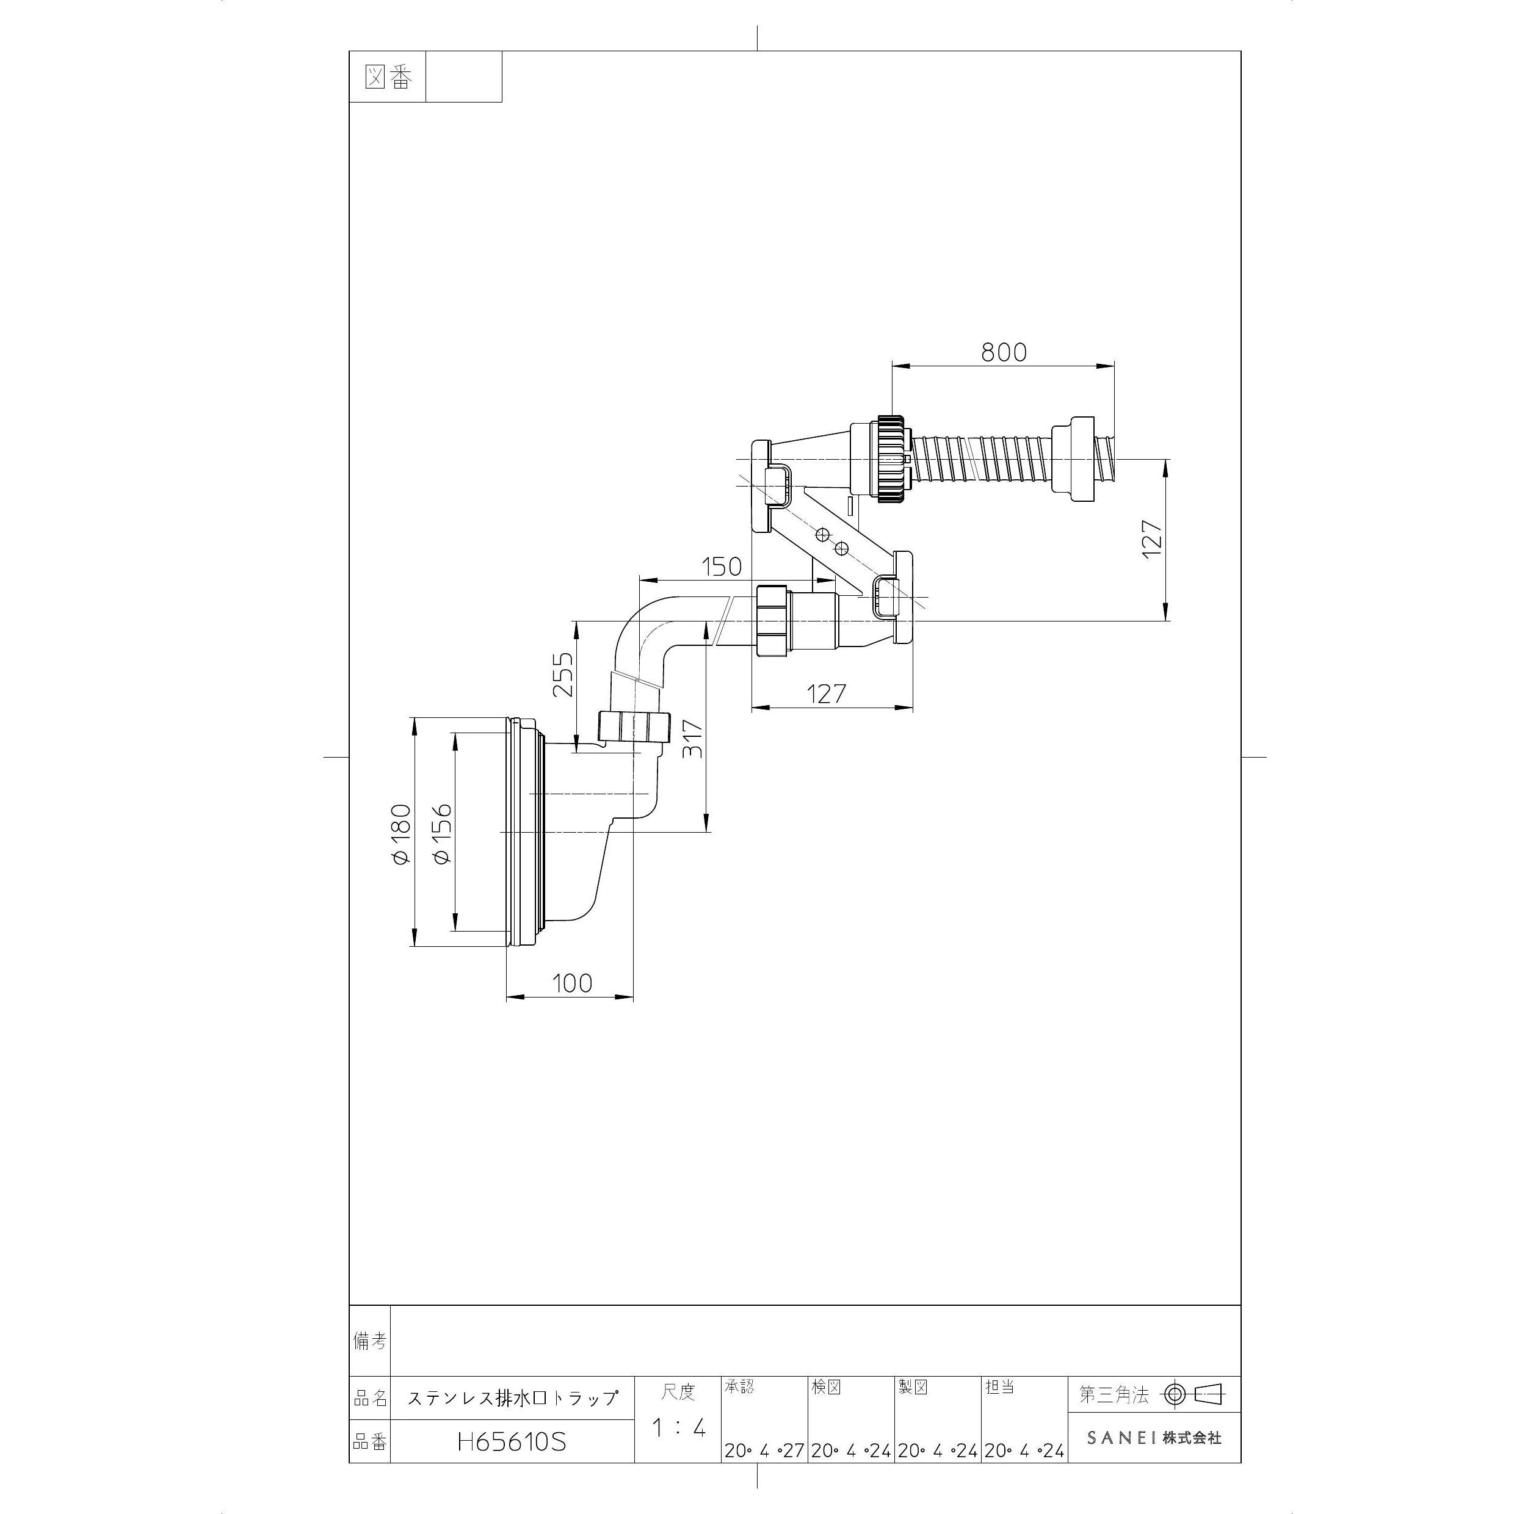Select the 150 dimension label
[721, 566]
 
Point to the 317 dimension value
[693, 738]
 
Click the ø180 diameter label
[400, 834]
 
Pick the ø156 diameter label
[441, 834]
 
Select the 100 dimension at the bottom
[572, 983]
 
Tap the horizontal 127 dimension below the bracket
[827, 693]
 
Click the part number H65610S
[512, 1442]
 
